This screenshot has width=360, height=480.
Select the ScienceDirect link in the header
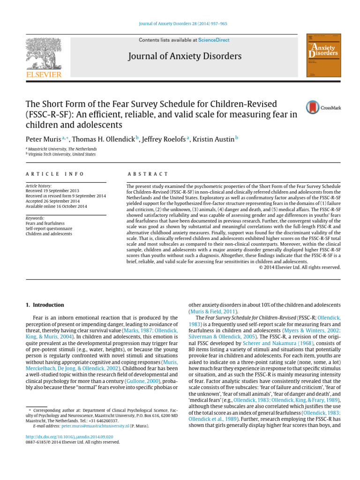point(214,40)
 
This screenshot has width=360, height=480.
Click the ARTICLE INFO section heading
point(55,174)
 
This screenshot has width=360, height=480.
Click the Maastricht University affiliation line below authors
point(62,149)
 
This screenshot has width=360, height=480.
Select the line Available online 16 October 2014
point(56,206)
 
